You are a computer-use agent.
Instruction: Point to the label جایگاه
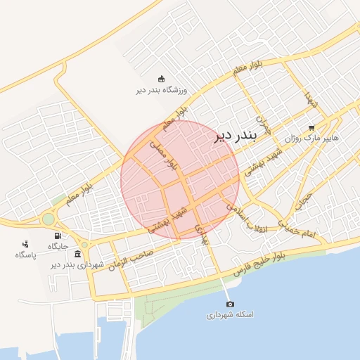58,246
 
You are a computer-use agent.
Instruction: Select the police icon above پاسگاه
26,243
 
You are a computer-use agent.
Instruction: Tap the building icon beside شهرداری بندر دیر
77,254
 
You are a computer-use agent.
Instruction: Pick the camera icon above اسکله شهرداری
230,304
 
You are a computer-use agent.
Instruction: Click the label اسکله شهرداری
230,314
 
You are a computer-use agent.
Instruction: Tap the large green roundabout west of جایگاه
48,219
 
